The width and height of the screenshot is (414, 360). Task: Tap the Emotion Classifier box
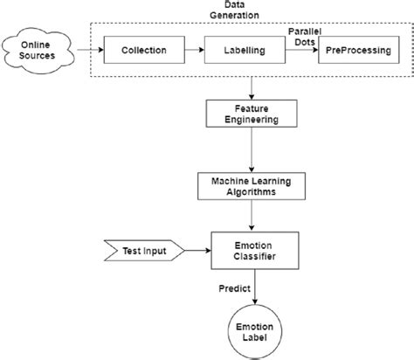point(252,251)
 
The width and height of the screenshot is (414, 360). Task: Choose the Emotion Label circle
point(252,330)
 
